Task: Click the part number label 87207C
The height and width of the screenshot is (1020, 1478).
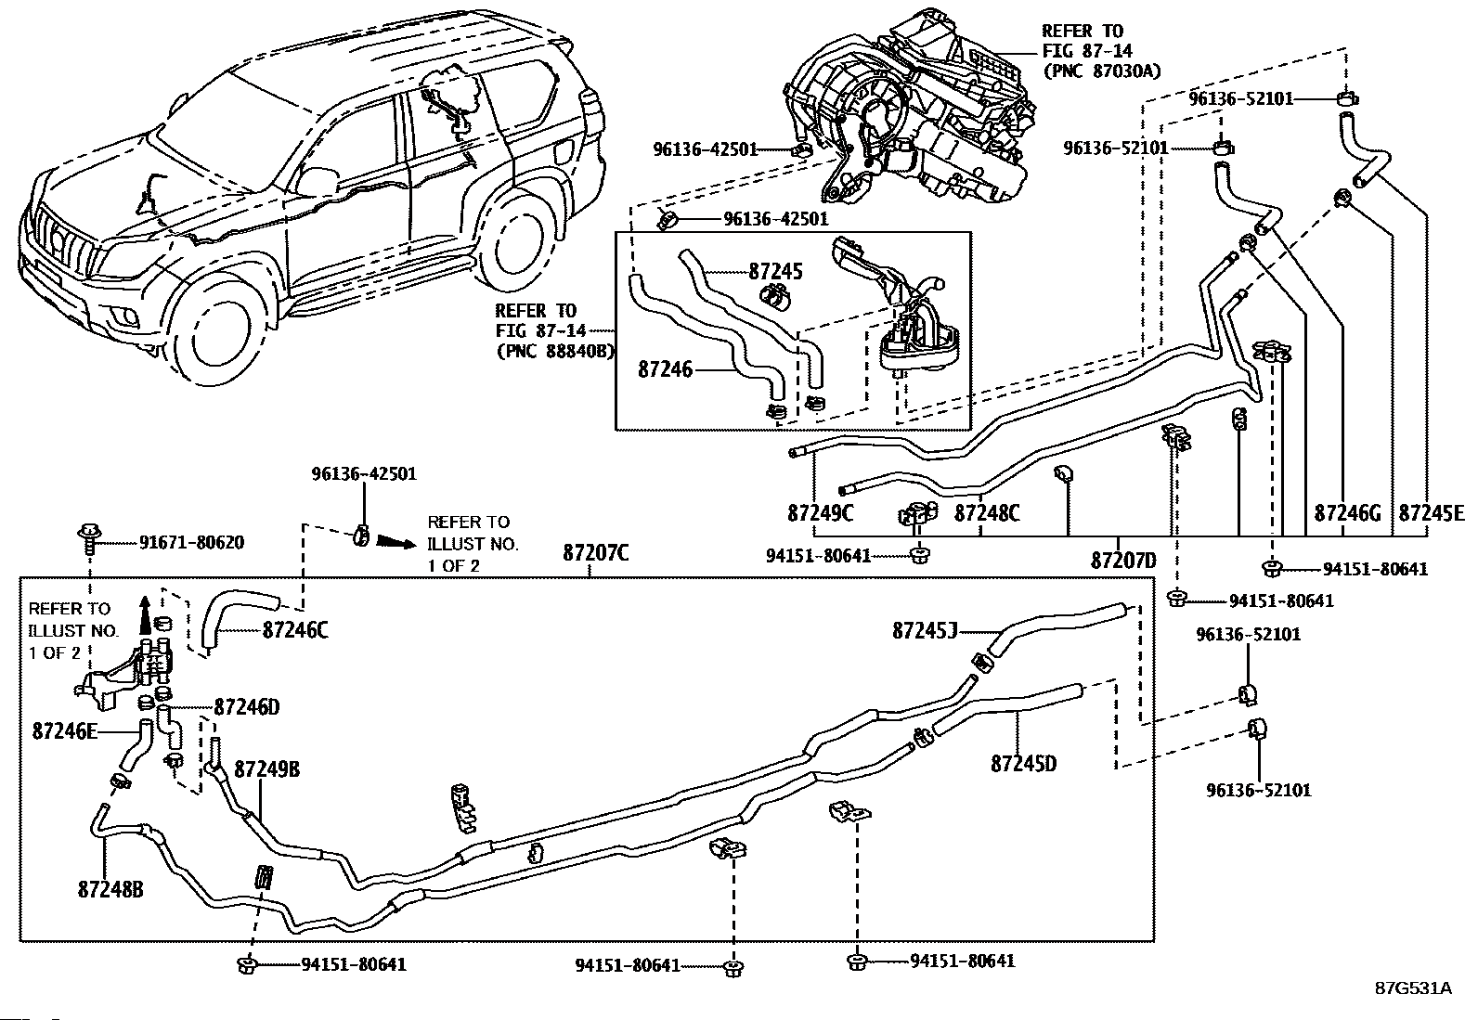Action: [x=595, y=553]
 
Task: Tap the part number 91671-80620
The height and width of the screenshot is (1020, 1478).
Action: [x=191, y=542]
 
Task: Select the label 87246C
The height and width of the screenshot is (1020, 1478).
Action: [x=295, y=630]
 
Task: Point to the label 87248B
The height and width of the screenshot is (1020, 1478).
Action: [x=110, y=889]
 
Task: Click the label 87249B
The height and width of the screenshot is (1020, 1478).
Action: [x=267, y=768]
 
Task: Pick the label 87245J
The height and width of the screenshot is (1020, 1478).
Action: [x=925, y=631]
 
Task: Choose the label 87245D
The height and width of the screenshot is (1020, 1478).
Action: [x=1023, y=763]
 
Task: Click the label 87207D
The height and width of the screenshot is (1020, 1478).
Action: [x=1123, y=561]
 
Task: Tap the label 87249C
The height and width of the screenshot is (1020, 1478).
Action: [x=820, y=512]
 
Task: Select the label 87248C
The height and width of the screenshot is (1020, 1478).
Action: [x=987, y=512]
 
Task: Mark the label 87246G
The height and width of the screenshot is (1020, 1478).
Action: [x=1347, y=512]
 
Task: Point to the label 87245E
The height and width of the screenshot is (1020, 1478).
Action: [x=1432, y=512]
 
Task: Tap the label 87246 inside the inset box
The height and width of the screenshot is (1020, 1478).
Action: [x=665, y=369]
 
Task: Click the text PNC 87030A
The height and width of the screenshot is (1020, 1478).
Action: [x=1101, y=71]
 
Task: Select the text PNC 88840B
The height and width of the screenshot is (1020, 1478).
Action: [x=555, y=350]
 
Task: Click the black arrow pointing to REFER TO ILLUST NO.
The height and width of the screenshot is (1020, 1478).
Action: [x=395, y=542]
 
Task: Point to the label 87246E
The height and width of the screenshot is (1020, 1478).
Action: [x=65, y=731]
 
